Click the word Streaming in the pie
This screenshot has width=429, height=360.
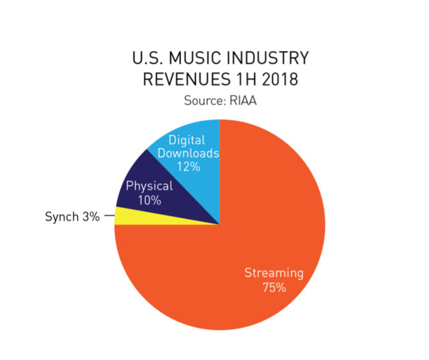(274, 273)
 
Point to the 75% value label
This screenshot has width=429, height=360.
(274, 287)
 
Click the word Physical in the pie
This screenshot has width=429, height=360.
(149, 186)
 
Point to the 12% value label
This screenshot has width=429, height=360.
(189, 167)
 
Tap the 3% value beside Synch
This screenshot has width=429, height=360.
(91, 217)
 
